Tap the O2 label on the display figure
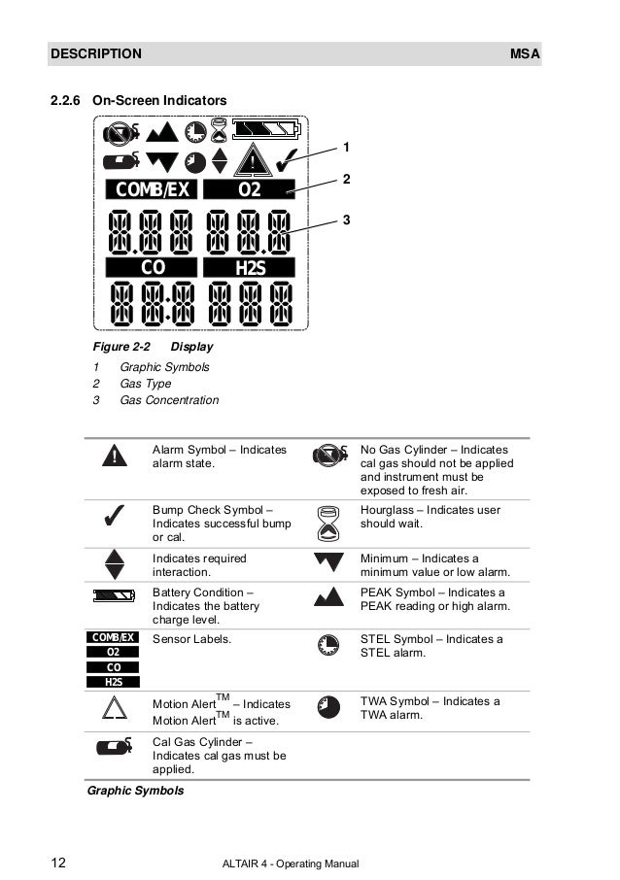(x=251, y=189)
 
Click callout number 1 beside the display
(x=345, y=147)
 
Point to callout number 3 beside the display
(x=345, y=221)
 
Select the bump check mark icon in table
(x=114, y=518)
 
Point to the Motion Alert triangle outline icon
(x=115, y=711)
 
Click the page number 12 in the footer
(x=59, y=863)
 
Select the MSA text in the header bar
(x=525, y=53)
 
